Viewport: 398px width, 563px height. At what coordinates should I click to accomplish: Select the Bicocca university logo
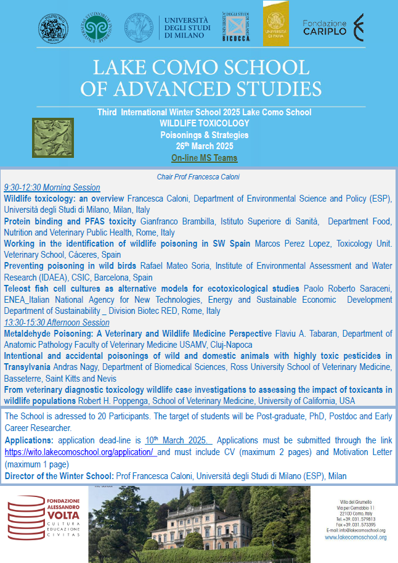click(236, 27)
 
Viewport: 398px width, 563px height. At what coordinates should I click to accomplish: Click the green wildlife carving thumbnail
click(52, 138)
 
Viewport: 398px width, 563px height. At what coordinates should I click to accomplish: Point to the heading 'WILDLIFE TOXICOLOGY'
click(204, 123)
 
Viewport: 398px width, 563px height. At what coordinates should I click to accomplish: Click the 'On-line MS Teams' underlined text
click(204, 158)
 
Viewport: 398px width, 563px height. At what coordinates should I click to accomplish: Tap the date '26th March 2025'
click(204, 146)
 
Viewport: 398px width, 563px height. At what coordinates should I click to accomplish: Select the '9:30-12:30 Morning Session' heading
click(52, 187)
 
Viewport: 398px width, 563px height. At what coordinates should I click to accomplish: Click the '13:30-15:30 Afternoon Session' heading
click(57, 323)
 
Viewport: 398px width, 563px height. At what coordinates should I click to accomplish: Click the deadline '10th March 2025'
click(178, 440)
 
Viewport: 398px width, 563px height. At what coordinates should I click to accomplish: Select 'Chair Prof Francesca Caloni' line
click(198, 177)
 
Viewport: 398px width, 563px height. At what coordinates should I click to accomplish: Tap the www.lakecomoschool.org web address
click(355, 537)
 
